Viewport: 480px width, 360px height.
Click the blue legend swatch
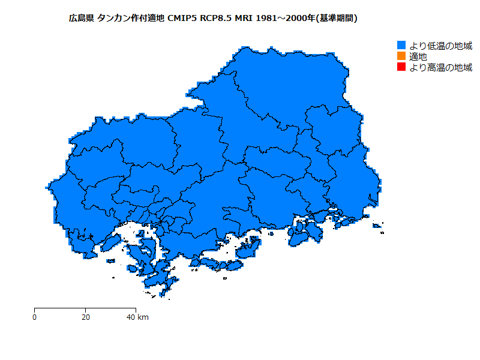coord(401,46)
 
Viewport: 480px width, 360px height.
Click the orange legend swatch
coord(401,56)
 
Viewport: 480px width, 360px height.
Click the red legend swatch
coord(401,67)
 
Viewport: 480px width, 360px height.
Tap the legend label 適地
coord(418,56)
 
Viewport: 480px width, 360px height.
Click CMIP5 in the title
coord(181,19)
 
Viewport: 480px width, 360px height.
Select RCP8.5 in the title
coord(216,19)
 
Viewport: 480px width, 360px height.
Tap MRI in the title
coord(243,19)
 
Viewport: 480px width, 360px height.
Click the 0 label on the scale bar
coord(35,317)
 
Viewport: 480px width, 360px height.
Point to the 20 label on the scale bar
coord(86,317)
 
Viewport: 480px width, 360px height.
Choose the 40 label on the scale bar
coord(131,317)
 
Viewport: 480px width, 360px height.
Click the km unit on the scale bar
coord(143,317)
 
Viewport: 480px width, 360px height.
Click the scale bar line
coord(85,308)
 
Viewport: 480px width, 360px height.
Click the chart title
coord(214,19)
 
